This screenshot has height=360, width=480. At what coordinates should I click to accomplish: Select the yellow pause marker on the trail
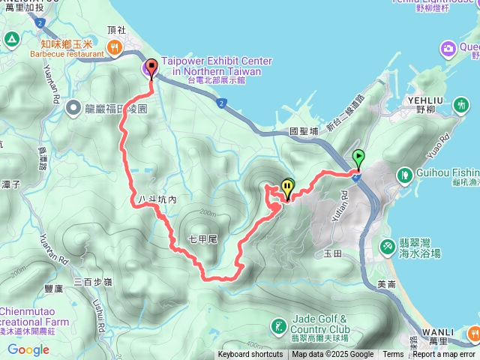point(288,188)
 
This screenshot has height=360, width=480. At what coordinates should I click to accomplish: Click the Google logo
point(28,349)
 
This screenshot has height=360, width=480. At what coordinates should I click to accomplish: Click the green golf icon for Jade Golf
point(278,325)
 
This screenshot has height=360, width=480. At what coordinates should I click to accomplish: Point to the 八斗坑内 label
point(157,200)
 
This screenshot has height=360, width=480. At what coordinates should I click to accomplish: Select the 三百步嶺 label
point(93,282)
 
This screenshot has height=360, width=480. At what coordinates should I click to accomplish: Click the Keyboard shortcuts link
point(250,355)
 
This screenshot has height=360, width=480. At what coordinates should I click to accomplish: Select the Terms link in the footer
point(393,355)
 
